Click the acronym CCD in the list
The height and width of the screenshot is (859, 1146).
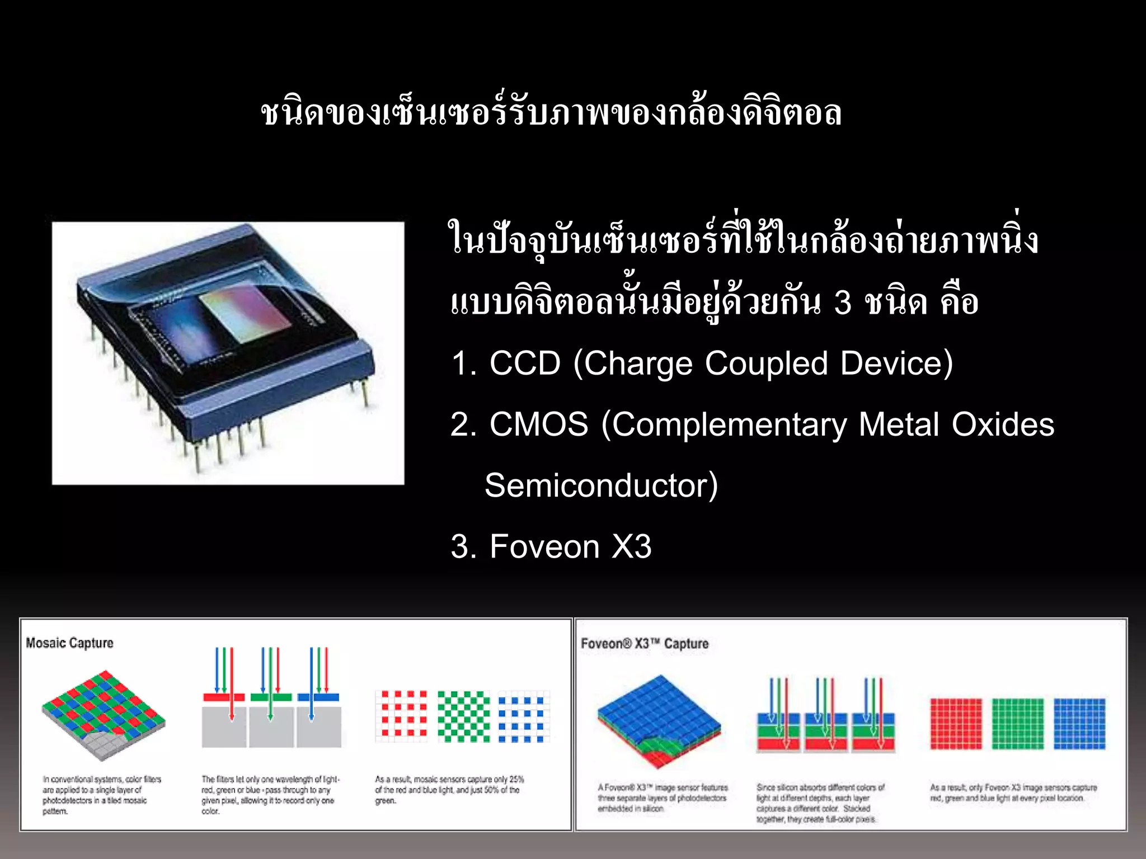point(524,364)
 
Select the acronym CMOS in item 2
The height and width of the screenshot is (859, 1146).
point(538,424)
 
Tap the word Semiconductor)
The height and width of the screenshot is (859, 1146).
point(601,485)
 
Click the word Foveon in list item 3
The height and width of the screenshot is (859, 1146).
point(544,546)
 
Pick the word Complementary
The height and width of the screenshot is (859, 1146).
point(730,424)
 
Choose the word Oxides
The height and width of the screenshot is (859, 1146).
point(1003,424)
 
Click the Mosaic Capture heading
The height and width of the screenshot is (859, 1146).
point(69,643)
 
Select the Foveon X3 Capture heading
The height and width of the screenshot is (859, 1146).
point(645,644)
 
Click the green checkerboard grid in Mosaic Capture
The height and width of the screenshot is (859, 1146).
point(463,716)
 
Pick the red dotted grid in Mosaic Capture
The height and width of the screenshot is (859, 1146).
point(401,716)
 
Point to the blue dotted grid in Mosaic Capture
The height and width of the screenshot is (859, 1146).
point(524,716)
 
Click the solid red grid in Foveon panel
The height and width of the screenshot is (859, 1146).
point(956,723)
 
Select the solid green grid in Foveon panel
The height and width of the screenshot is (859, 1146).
point(1017,723)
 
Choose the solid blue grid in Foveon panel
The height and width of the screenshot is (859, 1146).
point(1079,723)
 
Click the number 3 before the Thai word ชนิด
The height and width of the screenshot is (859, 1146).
point(842,303)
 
